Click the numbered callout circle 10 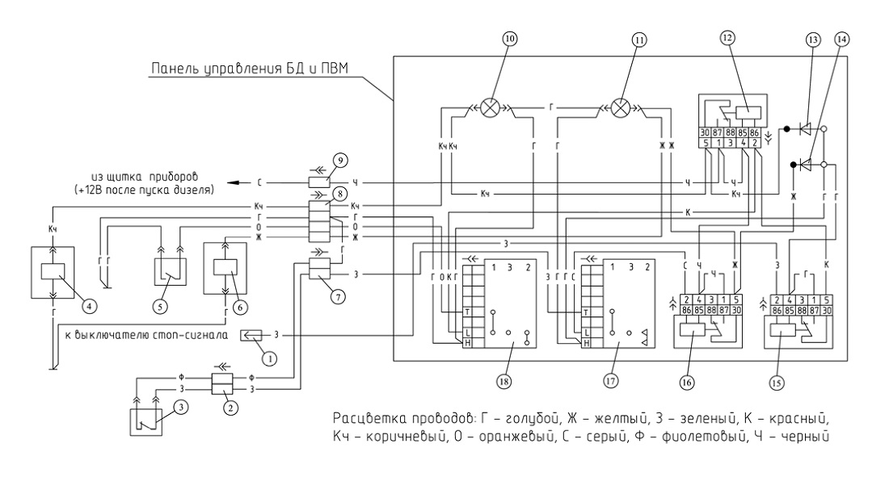click(x=510, y=39)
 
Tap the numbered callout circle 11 click(x=639, y=40)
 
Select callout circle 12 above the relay click(x=727, y=38)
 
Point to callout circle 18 click(x=503, y=381)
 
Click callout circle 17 click(x=610, y=381)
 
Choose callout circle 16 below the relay click(x=687, y=383)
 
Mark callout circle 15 click(x=776, y=383)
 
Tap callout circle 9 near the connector click(x=340, y=161)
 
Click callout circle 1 click(x=270, y=358)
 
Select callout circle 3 click(x=180, y=407)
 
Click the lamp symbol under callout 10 click(x=489, y=107)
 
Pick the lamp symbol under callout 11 click(x=621, y=107)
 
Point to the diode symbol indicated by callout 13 click(x=804, y=129)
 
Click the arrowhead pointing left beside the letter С click(x=233, y=183)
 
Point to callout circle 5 click(x=161, y=307)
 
